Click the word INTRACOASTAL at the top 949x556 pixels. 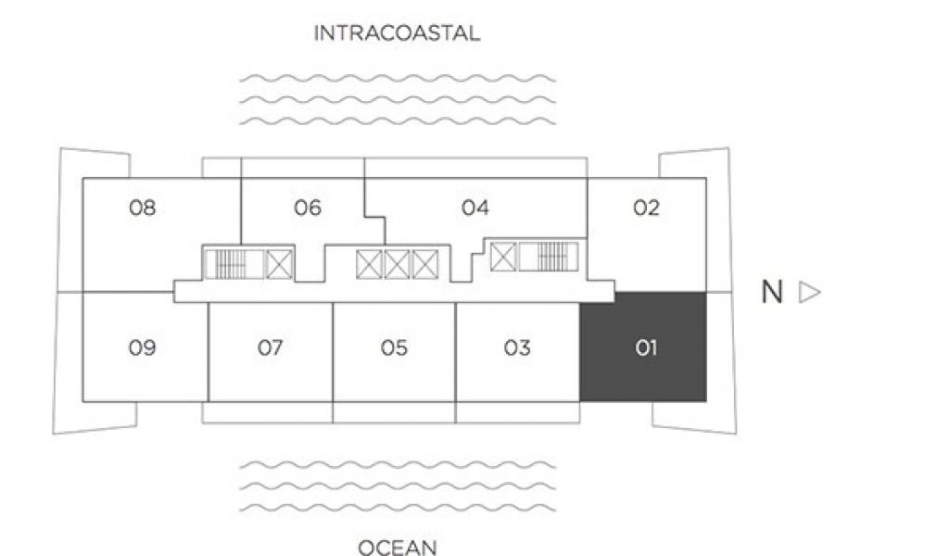(x=397, y=34)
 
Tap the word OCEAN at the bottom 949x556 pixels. (x=397, y=548)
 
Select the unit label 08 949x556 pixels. (x=143, y=208)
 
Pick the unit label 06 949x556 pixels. (x=308, y=208)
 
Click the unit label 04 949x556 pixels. (x=474, y=208)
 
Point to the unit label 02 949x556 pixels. (x=646, y=208)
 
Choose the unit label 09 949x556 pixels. (x=143, y=348)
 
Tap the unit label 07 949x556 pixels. (x=270, y=348)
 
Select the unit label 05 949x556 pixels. (x=394, y=348)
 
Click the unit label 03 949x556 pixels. (x=517, y=348)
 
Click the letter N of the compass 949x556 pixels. (x=772, y=293)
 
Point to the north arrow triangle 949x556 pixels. (x=809, y=293)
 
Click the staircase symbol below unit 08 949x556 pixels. (x=234, y=264)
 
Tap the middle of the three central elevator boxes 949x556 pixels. (x=397, y=264)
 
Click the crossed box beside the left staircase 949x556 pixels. (x=279, y=264)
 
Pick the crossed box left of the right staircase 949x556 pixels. (x=503, y=256)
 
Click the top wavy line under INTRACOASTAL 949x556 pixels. (x=397, y=79)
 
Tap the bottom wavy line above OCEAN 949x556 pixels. (x=397, y=508)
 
